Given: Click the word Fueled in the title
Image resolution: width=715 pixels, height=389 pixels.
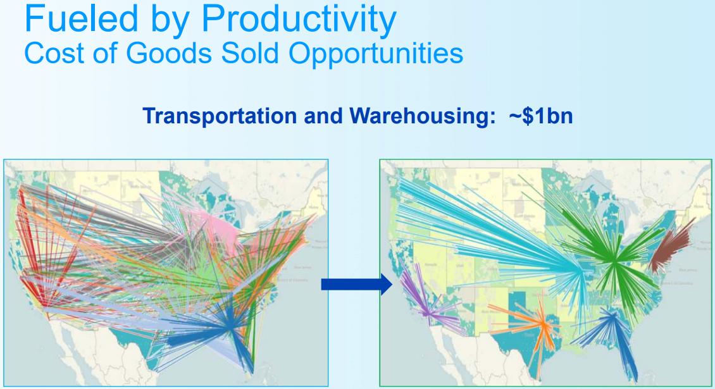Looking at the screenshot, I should coord(71,19).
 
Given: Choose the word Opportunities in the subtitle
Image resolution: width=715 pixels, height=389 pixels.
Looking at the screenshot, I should coord(376,54).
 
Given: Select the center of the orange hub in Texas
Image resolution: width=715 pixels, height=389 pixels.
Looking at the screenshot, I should coord(543,324).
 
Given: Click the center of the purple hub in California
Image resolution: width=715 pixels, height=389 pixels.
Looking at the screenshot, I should coord(428,312).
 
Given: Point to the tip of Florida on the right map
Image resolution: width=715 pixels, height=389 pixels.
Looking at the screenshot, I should coord(635,373).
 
